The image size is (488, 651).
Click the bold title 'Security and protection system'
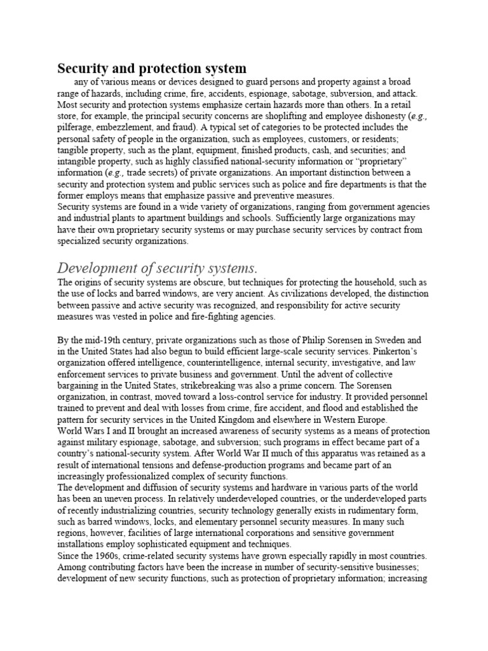click(152, 68)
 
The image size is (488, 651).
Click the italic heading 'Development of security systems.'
click(159, 267)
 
